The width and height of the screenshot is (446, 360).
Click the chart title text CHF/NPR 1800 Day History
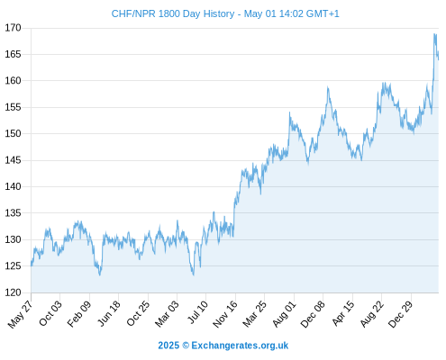(x=173, y=13)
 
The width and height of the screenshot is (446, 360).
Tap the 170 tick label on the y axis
(x=13, y=28)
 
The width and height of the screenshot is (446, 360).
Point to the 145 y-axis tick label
(x=13, y=160)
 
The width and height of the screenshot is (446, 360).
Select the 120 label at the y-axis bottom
(x=13, y=292)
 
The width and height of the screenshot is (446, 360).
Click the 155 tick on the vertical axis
(x=13, y=107)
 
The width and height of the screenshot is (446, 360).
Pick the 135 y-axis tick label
(x=13, y=213)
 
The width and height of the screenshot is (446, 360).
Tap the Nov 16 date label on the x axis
(x=225, y=314)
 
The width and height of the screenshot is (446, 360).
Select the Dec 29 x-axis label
(x=400, y=314)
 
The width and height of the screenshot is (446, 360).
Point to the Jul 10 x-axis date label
(x=197, y=312)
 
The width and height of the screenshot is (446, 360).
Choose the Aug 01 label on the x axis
(x=284, y=314)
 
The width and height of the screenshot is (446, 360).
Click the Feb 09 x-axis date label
(x=78, y=314)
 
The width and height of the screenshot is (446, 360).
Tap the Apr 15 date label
(x=343, y=313)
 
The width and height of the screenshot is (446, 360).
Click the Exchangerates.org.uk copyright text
(x=240, y=346)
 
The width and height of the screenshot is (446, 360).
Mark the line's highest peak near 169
(x=434, y=34)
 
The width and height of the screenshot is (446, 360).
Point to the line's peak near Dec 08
(x=328, y=87)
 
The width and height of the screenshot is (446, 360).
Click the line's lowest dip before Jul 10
(x=194, y=274)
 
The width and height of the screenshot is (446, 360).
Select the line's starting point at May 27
(x=32, y=265)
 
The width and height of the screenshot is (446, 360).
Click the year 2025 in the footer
(x=168, y=346)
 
